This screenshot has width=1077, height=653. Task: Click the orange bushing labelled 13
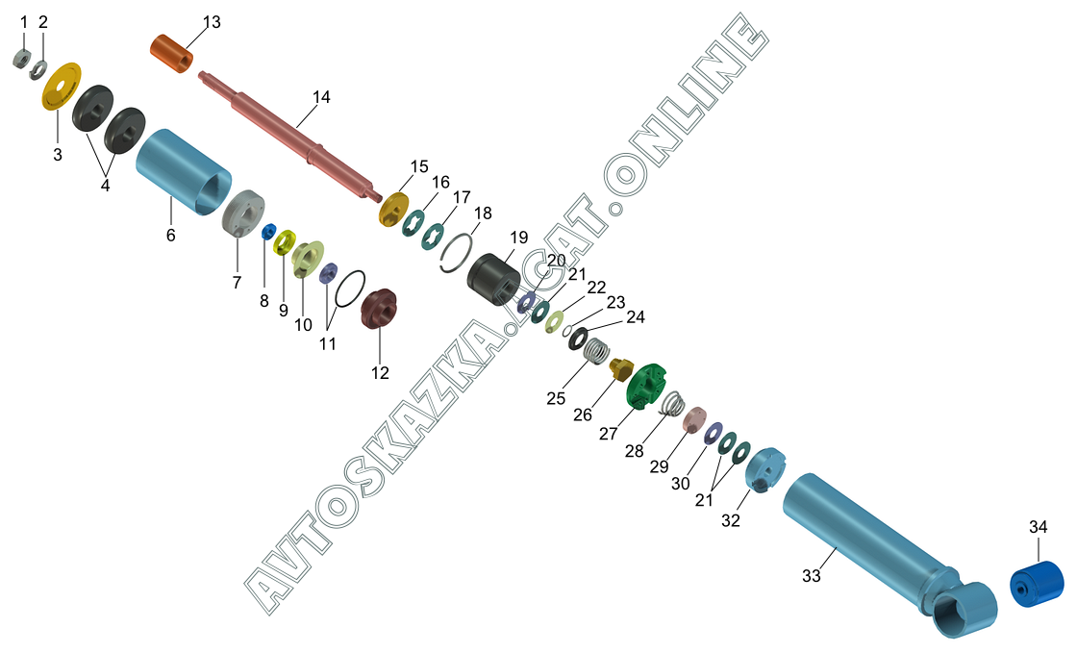[172, 54]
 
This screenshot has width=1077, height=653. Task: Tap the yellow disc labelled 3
[62, 86]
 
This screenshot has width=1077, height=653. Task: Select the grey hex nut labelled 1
[22, 59]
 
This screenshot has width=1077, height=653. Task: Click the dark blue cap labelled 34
[1037, 585]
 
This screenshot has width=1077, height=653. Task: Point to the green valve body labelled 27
[646, 387]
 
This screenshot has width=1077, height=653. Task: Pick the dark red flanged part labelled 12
[379, 309]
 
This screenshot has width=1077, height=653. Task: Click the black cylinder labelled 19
[494, 280]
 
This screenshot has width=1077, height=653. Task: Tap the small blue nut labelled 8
[268, 232]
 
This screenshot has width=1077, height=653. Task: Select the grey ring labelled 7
[243, 213]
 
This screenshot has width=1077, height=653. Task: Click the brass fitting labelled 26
[620, 368]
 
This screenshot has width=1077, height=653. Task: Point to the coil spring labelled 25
[597, 352]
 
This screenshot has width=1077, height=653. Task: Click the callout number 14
[321, 97]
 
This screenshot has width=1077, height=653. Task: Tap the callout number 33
[812, 575]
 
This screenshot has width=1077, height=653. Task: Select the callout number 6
[170, 235]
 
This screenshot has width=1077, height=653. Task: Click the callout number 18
[483, 213]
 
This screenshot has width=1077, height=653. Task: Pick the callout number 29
[659, 466]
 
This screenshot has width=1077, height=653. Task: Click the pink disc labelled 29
[694, 418]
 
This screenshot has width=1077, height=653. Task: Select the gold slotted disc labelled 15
[393, 209]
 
